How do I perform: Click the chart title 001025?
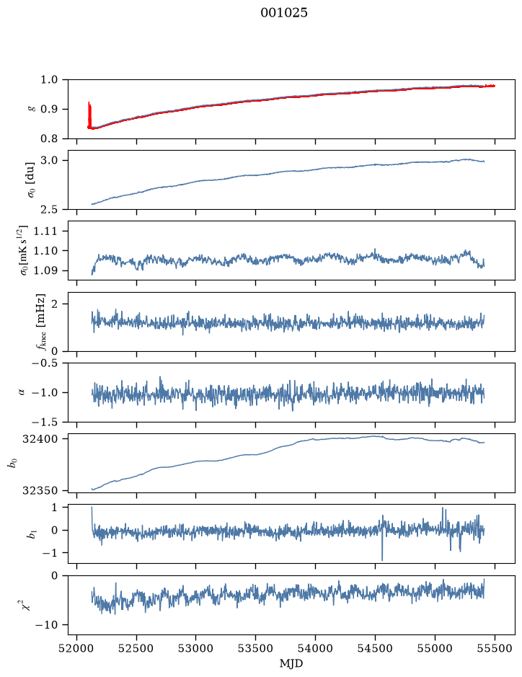point(283,13)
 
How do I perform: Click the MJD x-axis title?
point(291,663)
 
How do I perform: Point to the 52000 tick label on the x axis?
point(77,648)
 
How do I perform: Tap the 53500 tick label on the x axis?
point(256,648)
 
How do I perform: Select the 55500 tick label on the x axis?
point(495,648)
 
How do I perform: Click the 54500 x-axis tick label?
point(375,648)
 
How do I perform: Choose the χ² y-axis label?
point(27,604)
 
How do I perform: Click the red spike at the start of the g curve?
point(89,115)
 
